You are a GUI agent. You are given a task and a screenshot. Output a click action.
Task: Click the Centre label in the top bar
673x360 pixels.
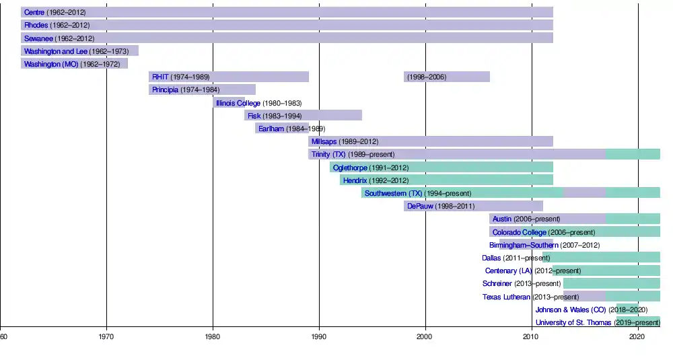[x=34, y=12]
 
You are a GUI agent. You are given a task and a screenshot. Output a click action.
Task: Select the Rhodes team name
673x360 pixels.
[x=36, y=25]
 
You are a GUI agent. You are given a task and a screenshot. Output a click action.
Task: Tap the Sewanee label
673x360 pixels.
[x=38, y=38]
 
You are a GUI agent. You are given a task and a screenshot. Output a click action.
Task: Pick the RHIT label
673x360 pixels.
[x=160, y=77]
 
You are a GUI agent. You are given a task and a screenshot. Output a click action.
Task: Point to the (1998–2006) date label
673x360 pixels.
[x=427, y=77]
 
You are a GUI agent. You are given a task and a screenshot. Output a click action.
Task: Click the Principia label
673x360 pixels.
[x=166, y=89]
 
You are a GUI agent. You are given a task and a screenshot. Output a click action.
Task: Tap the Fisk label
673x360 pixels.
[x=254, y=116]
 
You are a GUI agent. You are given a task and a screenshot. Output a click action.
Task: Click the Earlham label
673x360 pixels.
[x=271, y=129]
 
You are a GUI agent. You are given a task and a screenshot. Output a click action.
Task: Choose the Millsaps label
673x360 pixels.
[x=324, y=141]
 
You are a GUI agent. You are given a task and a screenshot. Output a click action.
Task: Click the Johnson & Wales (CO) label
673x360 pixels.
[x=571, y=310]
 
